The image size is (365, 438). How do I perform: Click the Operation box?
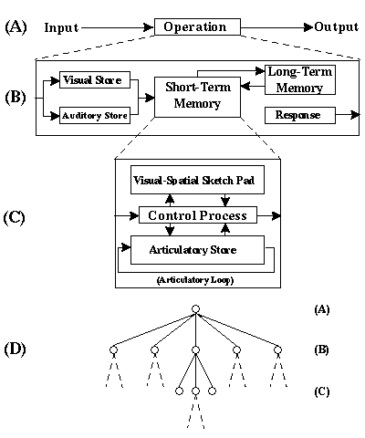197,27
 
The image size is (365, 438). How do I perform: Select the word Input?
61,27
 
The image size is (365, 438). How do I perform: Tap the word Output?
336,27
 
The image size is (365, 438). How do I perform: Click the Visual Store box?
95,80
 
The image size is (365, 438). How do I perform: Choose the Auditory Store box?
95,115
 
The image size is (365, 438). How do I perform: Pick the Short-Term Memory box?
197,97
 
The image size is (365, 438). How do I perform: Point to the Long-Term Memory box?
300,79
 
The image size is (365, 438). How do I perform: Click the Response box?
300,115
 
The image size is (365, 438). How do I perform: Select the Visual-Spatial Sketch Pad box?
197,180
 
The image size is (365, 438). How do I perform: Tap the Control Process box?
198,215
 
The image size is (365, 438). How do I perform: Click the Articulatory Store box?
197,250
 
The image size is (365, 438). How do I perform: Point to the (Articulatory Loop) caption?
195,280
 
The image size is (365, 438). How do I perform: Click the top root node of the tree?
195,309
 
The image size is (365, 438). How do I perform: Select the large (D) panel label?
15,349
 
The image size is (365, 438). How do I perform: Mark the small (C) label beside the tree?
322,391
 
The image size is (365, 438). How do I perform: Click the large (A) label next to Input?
16,27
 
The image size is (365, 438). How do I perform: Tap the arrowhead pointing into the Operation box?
149,27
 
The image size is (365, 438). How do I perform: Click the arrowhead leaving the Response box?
355,115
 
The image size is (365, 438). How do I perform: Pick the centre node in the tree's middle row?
195,350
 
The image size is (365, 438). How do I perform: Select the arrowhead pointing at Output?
308,27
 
